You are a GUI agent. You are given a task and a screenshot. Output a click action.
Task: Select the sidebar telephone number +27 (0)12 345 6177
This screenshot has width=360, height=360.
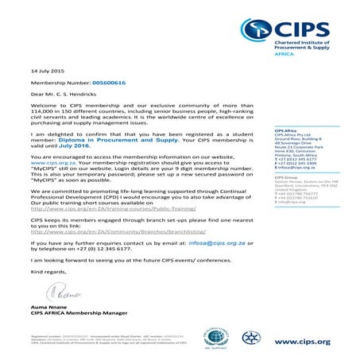point(299,158)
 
